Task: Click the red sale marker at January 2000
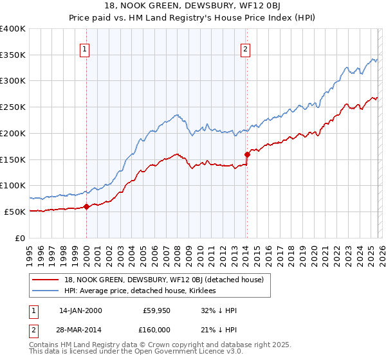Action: coord(86,206)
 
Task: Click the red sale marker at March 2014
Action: coord(247,154)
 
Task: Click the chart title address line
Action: coord(193,6)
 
